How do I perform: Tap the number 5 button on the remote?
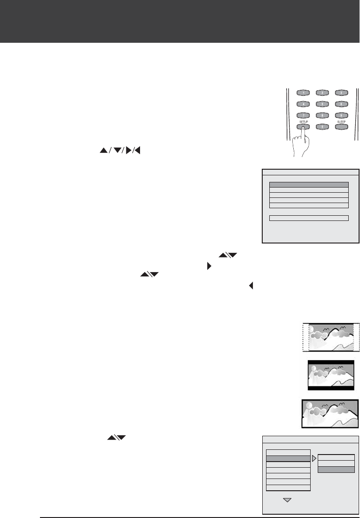point(322,104)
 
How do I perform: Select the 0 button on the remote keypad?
point(322,126)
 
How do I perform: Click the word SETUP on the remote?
point(303,121)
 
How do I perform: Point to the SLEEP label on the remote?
point(341,121)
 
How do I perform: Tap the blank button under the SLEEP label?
point(341,126)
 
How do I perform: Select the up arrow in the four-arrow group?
point(102,151)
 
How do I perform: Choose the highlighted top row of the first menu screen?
point(309,185)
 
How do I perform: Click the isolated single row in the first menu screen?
point(309,218)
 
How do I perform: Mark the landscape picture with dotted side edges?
point(330,337)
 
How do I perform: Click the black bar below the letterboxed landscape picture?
point(329,388)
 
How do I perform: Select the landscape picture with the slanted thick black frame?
point(329,414)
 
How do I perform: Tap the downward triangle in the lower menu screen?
point(288,500)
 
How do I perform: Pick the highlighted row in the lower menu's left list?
point(288,458)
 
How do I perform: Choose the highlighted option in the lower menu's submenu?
point(336,470)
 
